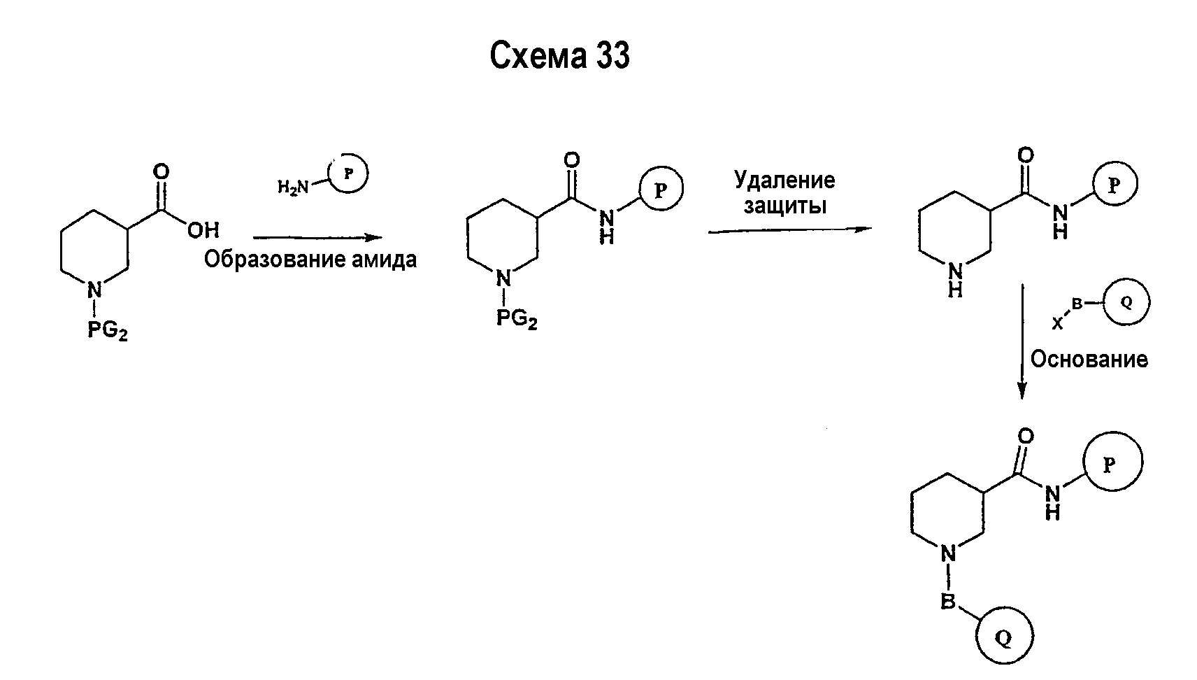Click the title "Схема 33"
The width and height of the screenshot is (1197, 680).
559,55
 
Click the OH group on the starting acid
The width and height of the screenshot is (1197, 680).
203,230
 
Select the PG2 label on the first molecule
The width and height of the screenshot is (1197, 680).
108,331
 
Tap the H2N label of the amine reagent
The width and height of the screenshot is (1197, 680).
293,187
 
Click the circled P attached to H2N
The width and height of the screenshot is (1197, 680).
348,173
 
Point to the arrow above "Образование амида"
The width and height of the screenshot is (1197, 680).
318,237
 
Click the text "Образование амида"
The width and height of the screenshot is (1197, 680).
310,260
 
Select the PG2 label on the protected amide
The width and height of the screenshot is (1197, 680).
517,319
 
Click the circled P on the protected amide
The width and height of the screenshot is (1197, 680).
661,190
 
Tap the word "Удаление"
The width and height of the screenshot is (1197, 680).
784,180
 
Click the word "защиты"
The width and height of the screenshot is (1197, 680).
785,206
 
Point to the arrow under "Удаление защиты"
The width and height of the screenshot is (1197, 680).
790,230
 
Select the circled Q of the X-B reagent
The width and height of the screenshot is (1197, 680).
1126,303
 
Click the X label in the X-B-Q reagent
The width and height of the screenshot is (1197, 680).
1058,323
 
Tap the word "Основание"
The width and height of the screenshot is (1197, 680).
1089,360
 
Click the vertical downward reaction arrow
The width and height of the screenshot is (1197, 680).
1022,341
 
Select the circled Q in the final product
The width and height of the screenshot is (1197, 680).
1005,637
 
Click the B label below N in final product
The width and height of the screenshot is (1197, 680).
948,602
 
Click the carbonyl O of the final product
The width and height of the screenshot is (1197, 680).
1026,437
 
